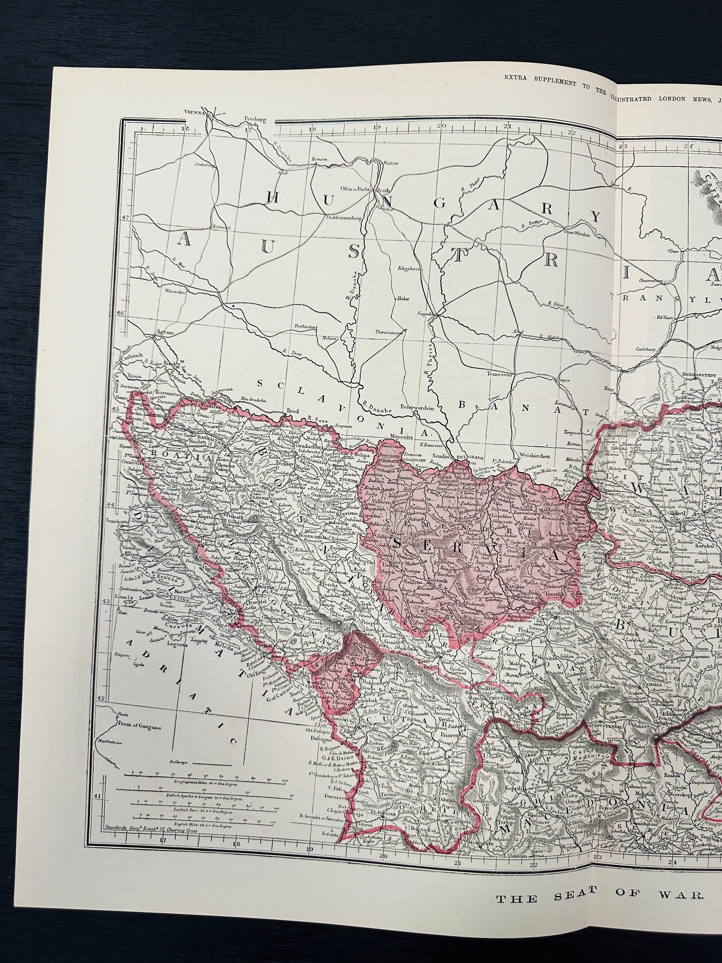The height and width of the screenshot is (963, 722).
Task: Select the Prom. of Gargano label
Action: [138, 727]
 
